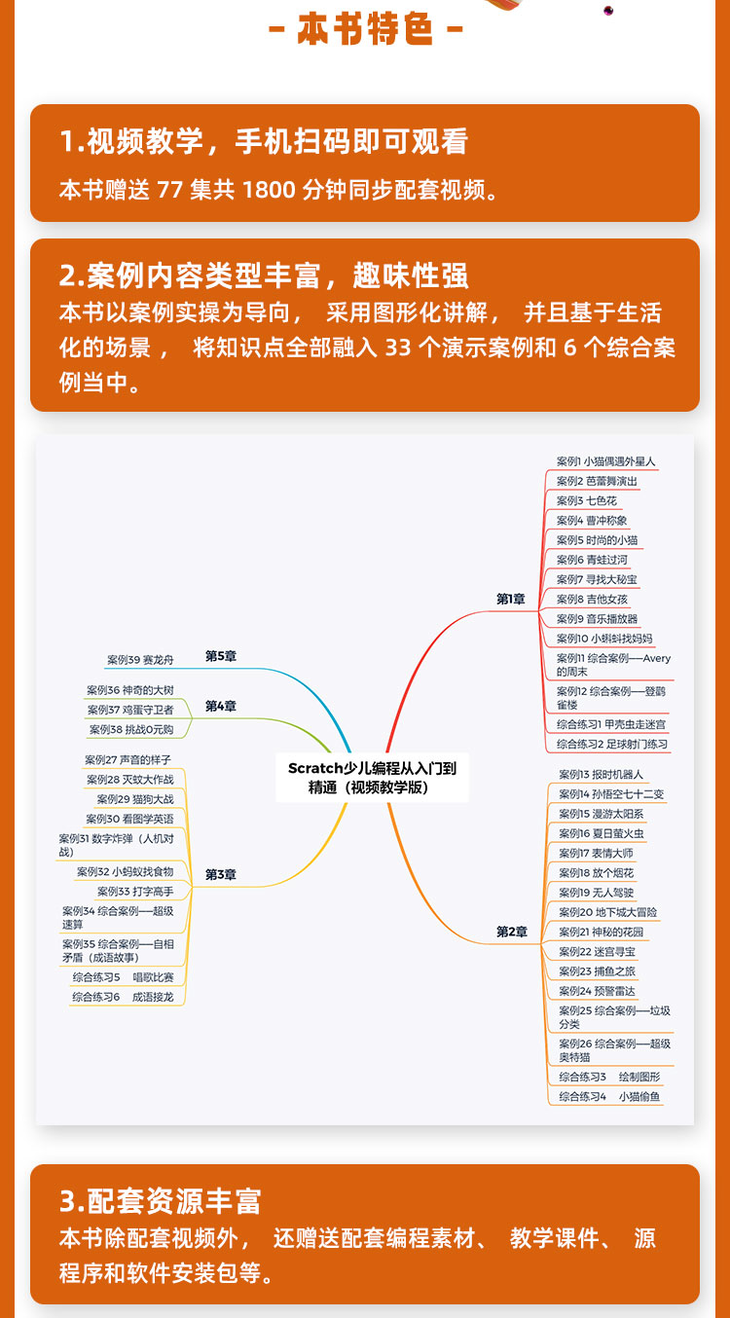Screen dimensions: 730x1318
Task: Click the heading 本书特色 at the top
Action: click(x=365, y=31)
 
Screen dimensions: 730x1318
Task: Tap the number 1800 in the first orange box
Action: click(x=268, y=189)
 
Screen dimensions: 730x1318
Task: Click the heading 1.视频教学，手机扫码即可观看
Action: click(x=264, y=142)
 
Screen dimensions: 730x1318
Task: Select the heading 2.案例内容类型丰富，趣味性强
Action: click(x=264, y=276)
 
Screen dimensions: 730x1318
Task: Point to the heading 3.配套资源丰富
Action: click(x=161, y=1201)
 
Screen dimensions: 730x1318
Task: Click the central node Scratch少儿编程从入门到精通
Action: click(x=372, y=778)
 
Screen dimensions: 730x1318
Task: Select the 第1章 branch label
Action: click(x=511, y=600)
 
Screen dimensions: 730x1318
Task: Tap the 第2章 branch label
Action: click(x=511, y=932)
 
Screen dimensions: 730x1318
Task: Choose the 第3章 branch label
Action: click(x=221, y=875)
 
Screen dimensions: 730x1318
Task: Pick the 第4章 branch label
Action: click(x=221, y=706)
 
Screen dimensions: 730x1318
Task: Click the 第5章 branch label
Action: click(x=221, y=656)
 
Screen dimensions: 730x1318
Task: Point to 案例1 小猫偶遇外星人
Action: click(x=606, y=461)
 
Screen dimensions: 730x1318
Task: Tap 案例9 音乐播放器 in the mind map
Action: click(x=598, y=618)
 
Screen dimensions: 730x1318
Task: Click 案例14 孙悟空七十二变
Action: click(x=611, y=794)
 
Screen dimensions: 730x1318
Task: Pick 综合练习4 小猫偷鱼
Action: click(x=609, y=1097)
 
